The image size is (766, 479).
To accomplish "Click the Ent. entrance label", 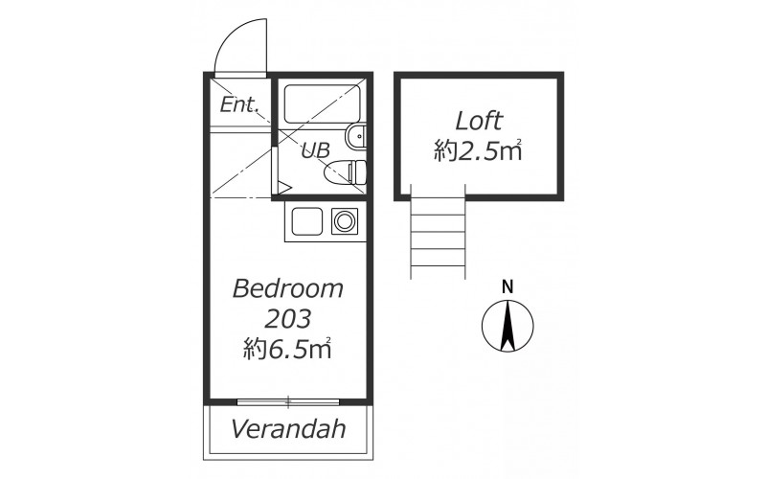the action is click(238, 104).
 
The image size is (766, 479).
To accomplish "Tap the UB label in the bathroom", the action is click(315, 150).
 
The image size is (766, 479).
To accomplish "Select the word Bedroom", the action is click(288, 289).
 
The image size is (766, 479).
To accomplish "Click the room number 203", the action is click(288, 319).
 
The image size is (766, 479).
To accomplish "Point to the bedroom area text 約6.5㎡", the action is click(288, 349).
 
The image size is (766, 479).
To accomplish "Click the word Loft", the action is click(479, 121).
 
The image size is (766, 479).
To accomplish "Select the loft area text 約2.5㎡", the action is click(479, 151).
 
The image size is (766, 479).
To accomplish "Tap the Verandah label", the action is click(288, 428).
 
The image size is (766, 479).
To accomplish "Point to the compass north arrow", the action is click(508, 325).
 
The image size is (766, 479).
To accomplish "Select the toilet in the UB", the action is click(345, 171).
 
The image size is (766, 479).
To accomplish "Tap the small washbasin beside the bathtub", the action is click(355, 136).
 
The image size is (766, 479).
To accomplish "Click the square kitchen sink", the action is click(307, 221).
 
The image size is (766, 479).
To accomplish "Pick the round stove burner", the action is click(345, 221).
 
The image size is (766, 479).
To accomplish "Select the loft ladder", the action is click(438, 232).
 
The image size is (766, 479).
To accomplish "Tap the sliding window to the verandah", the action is click(288, 402).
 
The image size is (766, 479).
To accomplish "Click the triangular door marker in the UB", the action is click(284, 188).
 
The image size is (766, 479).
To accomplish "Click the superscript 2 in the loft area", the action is click(519, 142).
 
